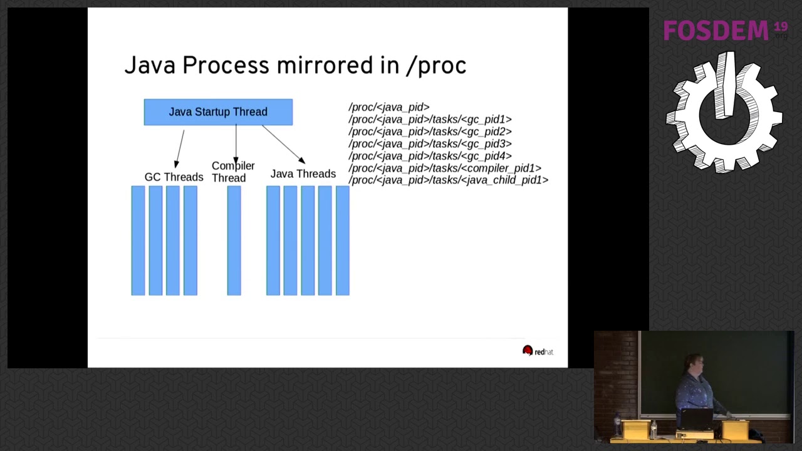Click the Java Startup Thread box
click(x=218, y=112)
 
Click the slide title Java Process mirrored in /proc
click(x=295, y=65)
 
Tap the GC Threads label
click(x=174, y=177)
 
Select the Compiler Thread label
click(x=233, y=172)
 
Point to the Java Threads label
click(x=303, y=174)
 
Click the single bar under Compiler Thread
click(x=234, y=241)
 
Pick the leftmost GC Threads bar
click(x=138, y=241)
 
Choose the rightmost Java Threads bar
click(x=342, y=241)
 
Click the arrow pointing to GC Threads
click(x=180, y=148)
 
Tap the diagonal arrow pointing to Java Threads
click(x=283, y=144)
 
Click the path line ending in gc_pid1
click(x=430, y=119)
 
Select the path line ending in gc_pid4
click(x=430, y=156)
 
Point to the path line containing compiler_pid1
click(x=445, y=168)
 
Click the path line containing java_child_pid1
click(x=448, y=180)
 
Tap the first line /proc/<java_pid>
click(x=388, y=107)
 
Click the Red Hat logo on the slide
click(x=538, y=351)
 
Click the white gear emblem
click(x=724, y=113)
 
